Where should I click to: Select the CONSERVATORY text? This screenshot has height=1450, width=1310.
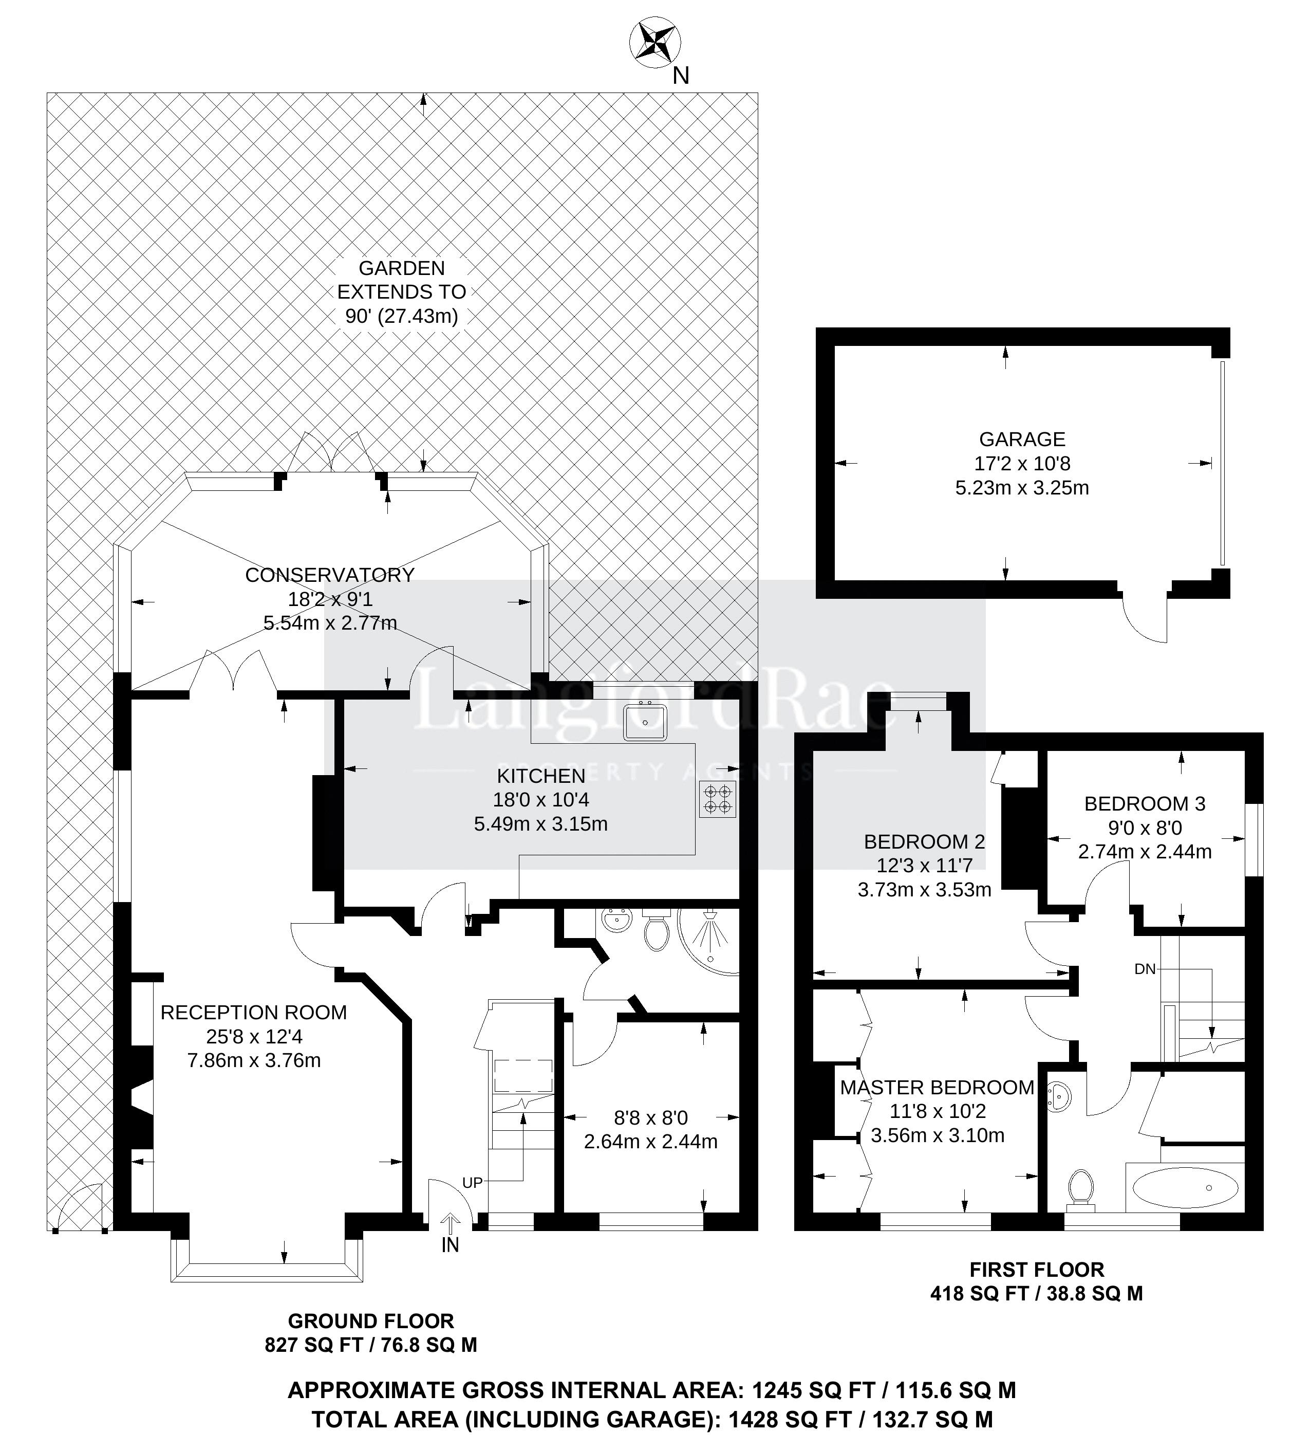[329, 575]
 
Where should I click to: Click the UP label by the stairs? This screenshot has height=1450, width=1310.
[472, 1182]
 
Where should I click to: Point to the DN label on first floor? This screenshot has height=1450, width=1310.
[1145, 969]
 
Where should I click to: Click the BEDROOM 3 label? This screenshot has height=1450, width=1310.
[1145, 803]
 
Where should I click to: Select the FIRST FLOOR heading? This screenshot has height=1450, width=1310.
[1036, 1270]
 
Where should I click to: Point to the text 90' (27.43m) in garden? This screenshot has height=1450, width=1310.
[401, 316]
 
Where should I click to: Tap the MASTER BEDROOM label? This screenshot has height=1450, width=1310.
[937, 1087]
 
